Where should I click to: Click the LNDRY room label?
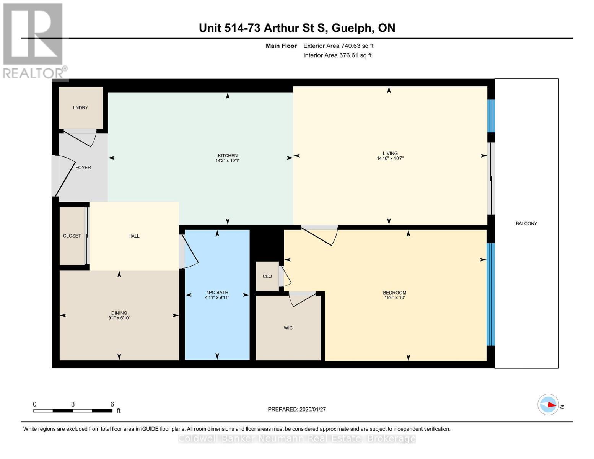click(x=80, y=108)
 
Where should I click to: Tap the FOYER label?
click(x=83, y=168)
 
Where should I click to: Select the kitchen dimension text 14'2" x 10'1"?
click(x=228, y=161)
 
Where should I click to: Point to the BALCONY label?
click(x=526, y=223)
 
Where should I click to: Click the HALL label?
click(x=134, y=236)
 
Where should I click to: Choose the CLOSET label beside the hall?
click(x=72, y=236)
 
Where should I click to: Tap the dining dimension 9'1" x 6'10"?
click(x=119, y=318)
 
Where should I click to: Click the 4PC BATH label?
click(x=217, y=293)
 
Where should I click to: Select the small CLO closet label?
click(x=267, y=276)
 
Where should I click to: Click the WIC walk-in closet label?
click(x=288, y=328)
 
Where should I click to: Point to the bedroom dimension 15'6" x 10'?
click(x=394, y=298)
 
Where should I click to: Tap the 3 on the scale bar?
click(x=73, y=404)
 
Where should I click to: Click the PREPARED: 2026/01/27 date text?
click(x=297, y=409)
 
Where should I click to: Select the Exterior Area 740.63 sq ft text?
click(x=338, y=46)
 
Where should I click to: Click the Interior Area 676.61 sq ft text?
click(x=337, y=55)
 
